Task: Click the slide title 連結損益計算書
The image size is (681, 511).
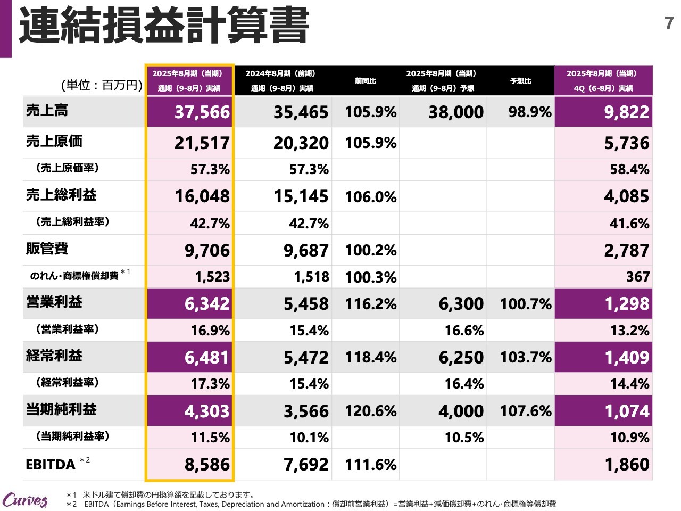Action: point(164,26)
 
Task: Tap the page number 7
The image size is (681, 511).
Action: point(669,23)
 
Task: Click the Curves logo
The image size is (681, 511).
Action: point(25,500)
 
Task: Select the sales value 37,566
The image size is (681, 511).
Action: point(202,112)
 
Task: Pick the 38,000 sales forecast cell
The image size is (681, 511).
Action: point(456,112)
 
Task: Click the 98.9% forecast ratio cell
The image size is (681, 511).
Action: point(529,112)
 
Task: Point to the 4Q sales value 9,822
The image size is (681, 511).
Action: point(626,112)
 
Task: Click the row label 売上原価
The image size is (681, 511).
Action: point(54,141)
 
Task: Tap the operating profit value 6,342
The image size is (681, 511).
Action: point(207,304)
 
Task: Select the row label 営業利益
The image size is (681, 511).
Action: point(54,302)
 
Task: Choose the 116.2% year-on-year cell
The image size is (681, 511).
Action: point(370,304)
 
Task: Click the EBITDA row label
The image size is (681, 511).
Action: point(51,465)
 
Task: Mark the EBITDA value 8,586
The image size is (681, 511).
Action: point(207,465)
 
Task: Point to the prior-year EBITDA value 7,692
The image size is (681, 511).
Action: point(306,465)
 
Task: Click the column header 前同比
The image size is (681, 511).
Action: point(366,81)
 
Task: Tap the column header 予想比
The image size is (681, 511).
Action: point(520,81)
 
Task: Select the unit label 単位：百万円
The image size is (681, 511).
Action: point(102,85)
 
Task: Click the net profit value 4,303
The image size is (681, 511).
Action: point(207,411)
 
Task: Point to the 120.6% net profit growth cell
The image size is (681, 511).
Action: point(370,411)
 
